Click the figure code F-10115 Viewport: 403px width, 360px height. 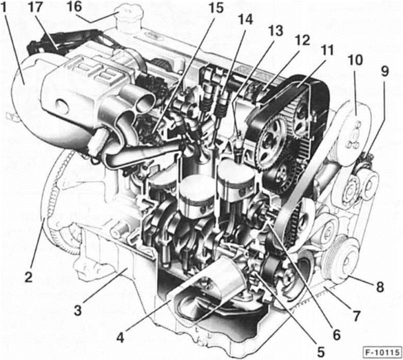click(x=381, y=350)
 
